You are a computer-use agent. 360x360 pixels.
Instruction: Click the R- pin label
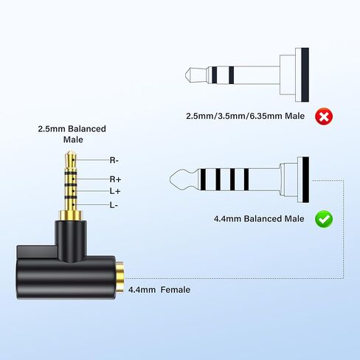tap(114, 160)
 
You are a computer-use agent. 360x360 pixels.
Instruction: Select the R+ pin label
tap(115, 179)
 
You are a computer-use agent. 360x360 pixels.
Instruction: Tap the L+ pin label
tap(115, 191)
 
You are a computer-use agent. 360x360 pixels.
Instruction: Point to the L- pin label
tap(114, 205)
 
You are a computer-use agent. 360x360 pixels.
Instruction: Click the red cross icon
tap(324, 116)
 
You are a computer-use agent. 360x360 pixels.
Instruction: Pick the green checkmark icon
tap(324, 219)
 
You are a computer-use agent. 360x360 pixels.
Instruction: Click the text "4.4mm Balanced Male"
tap(259, 218)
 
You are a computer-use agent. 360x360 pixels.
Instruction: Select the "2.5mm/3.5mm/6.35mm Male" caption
tap(245, 116)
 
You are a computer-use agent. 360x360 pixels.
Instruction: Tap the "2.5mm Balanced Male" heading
tap(72, 134)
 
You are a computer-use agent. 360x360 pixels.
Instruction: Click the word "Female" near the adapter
tap(176, 290)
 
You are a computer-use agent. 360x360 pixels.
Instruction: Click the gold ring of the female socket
tap(120, 277)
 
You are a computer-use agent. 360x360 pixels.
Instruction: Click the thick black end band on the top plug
tap(305, 75)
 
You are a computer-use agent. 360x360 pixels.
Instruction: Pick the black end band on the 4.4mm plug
tap(305, 179)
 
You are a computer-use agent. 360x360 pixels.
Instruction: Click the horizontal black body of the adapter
tap(66, 277)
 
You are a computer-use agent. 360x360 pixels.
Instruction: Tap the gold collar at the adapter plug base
tap(71, 215)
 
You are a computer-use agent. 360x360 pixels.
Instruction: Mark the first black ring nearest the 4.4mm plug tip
tap(203, 179)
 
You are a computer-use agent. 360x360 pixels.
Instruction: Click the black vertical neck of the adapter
tap(71, 239)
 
